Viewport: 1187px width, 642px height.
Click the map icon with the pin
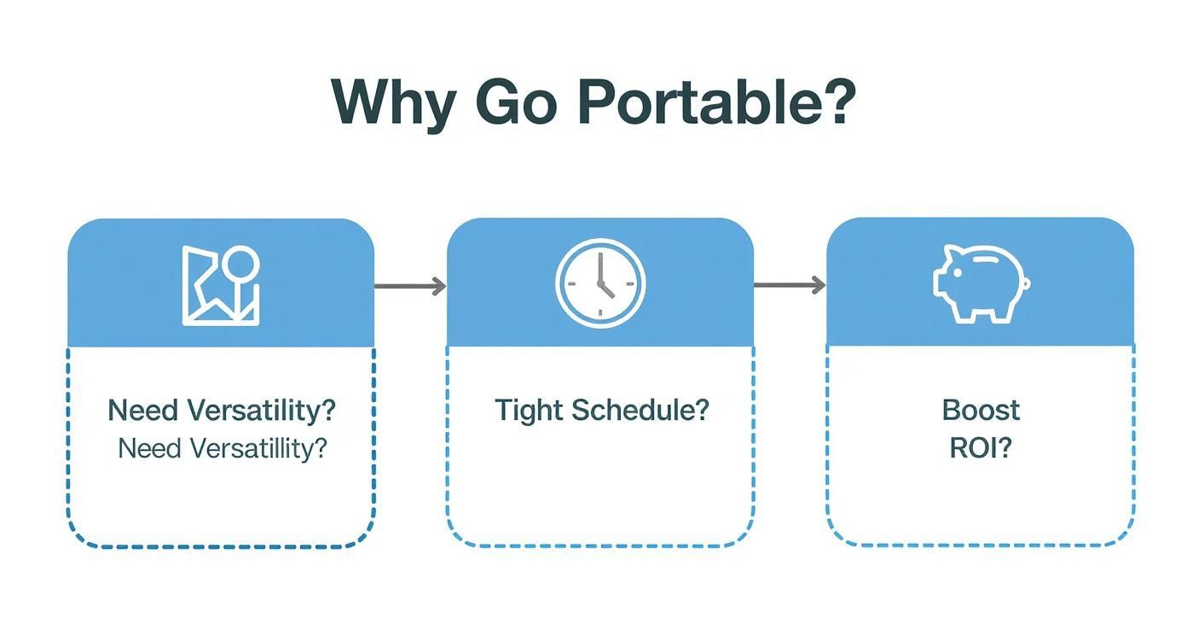[221, 285]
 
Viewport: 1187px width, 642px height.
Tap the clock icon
[600, 283]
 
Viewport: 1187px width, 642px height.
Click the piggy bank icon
[981, 284]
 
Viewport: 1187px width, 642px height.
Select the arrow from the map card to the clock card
[410, 286]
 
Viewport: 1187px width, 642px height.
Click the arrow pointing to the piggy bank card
[790, 286]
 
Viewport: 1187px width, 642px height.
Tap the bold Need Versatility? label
[222, 410]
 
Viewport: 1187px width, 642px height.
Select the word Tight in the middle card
[528, 410]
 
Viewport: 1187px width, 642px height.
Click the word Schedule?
[640, 410]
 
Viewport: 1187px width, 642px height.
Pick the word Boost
[981, 410]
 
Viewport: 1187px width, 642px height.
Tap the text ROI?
[981, 447]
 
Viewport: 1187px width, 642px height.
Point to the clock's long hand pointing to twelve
[599, 268]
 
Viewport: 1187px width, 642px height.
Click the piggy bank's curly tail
[1027, 284]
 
